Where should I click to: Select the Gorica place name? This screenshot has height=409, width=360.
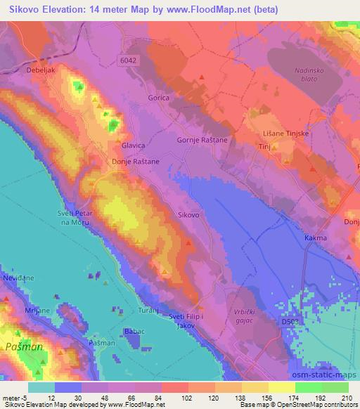[x=158, y=98]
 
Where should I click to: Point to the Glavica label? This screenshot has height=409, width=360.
[x=133, y=145]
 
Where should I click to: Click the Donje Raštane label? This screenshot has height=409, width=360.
[x=136, y=162]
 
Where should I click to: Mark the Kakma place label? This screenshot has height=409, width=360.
[x=316, y=238]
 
